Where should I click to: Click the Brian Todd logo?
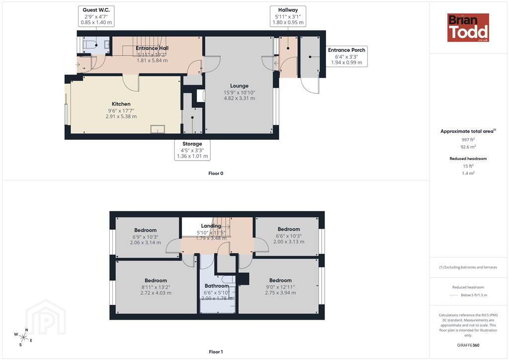468,27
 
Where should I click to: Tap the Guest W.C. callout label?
96,16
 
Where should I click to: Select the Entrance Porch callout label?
346,56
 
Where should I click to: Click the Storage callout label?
192,150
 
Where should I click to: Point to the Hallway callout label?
288,16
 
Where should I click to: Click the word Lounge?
239,86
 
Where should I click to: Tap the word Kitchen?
121,104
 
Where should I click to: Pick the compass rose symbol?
23,338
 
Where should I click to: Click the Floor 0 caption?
216,174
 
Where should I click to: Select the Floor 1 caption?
216,352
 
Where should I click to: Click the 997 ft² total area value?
468,140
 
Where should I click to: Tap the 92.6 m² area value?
468,147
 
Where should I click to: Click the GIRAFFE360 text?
468,345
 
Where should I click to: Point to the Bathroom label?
217,286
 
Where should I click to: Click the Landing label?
211,226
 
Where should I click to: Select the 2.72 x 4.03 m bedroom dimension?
156,293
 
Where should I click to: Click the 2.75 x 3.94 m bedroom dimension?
280,293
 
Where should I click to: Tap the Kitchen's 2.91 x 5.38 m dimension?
121,116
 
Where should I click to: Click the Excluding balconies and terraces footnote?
468,267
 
